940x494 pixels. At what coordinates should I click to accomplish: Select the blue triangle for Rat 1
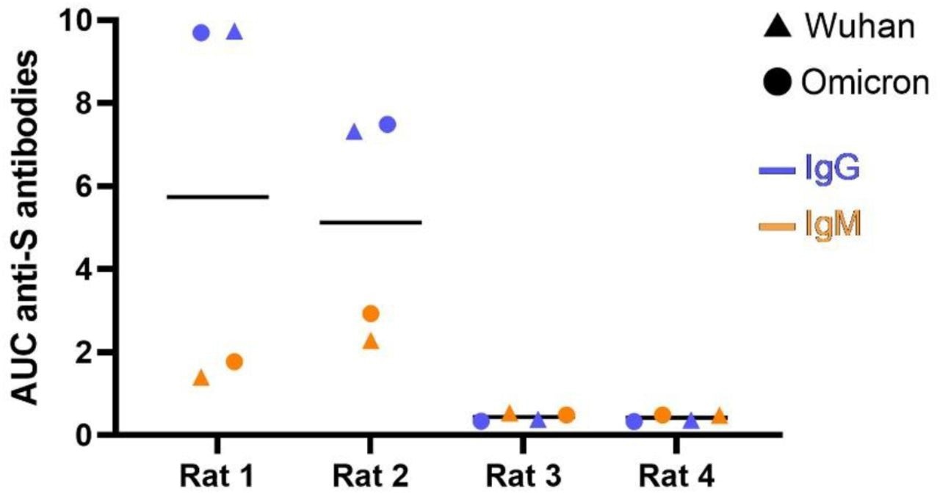click(234, 32)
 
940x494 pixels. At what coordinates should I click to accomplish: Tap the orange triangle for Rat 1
click(201, 379)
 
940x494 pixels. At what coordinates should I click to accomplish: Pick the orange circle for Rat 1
click(234, 362)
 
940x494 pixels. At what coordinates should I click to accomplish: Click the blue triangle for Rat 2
click(354, 132)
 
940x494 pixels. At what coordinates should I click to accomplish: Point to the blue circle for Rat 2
click(387, 124)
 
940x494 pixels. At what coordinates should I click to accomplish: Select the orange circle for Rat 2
click(371, 314)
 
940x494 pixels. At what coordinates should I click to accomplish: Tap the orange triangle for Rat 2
click(371, 341)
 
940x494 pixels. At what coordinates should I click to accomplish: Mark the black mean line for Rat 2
click(371, 222)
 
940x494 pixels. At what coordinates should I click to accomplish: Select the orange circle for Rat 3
click(566, 415)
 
